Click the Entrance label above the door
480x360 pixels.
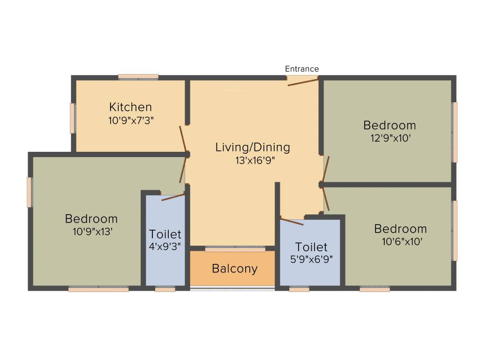[x=302, y=69]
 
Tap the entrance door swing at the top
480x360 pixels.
[x=303, y=82]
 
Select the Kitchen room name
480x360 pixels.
[x=130, y=107]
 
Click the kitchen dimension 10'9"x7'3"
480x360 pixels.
[x=131, y=120]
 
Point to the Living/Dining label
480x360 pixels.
[x=253, y=147]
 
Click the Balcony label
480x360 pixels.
[x=234, y=269]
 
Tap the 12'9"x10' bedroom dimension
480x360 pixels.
[x=390, y=138]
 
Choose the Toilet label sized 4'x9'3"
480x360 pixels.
[x=165, y=234]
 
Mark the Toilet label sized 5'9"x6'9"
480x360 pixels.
[x=311, y=247]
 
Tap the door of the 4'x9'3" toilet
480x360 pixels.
[x=172, y=197]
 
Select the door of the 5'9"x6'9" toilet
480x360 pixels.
[x=292, y=221]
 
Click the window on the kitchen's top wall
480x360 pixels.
[x=138, y=76]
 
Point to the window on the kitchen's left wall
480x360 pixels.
[x=73, y=118]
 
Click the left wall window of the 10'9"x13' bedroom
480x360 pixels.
[x=30, y=192]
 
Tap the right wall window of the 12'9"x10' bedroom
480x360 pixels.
[x=454, y=132]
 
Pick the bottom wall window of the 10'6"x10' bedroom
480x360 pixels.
[x=375, y=289]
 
